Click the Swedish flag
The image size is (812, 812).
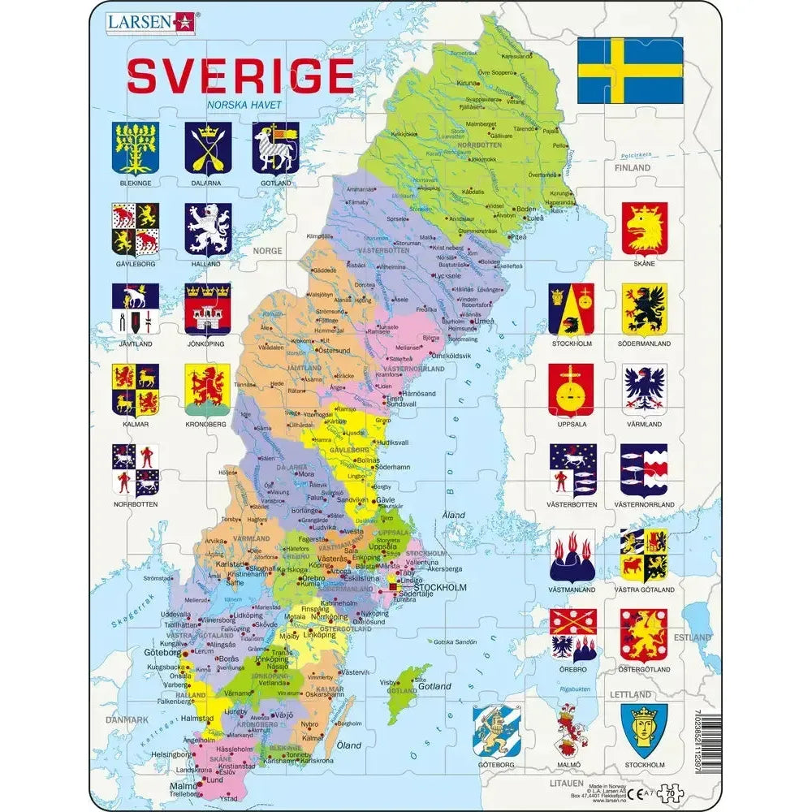coord(630,71)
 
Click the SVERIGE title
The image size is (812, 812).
coord(240,76)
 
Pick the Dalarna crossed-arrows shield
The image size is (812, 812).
coord(208,148)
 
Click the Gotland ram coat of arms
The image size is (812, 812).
coord(274,148)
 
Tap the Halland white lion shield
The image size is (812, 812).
coord(208,229)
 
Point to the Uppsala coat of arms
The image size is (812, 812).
coord(571,390)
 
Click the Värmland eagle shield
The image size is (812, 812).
coord(645,390)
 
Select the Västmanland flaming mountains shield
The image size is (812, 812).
coord(571,555)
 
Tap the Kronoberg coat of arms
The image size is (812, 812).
coord(208,390)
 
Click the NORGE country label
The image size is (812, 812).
coord(267,251)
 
